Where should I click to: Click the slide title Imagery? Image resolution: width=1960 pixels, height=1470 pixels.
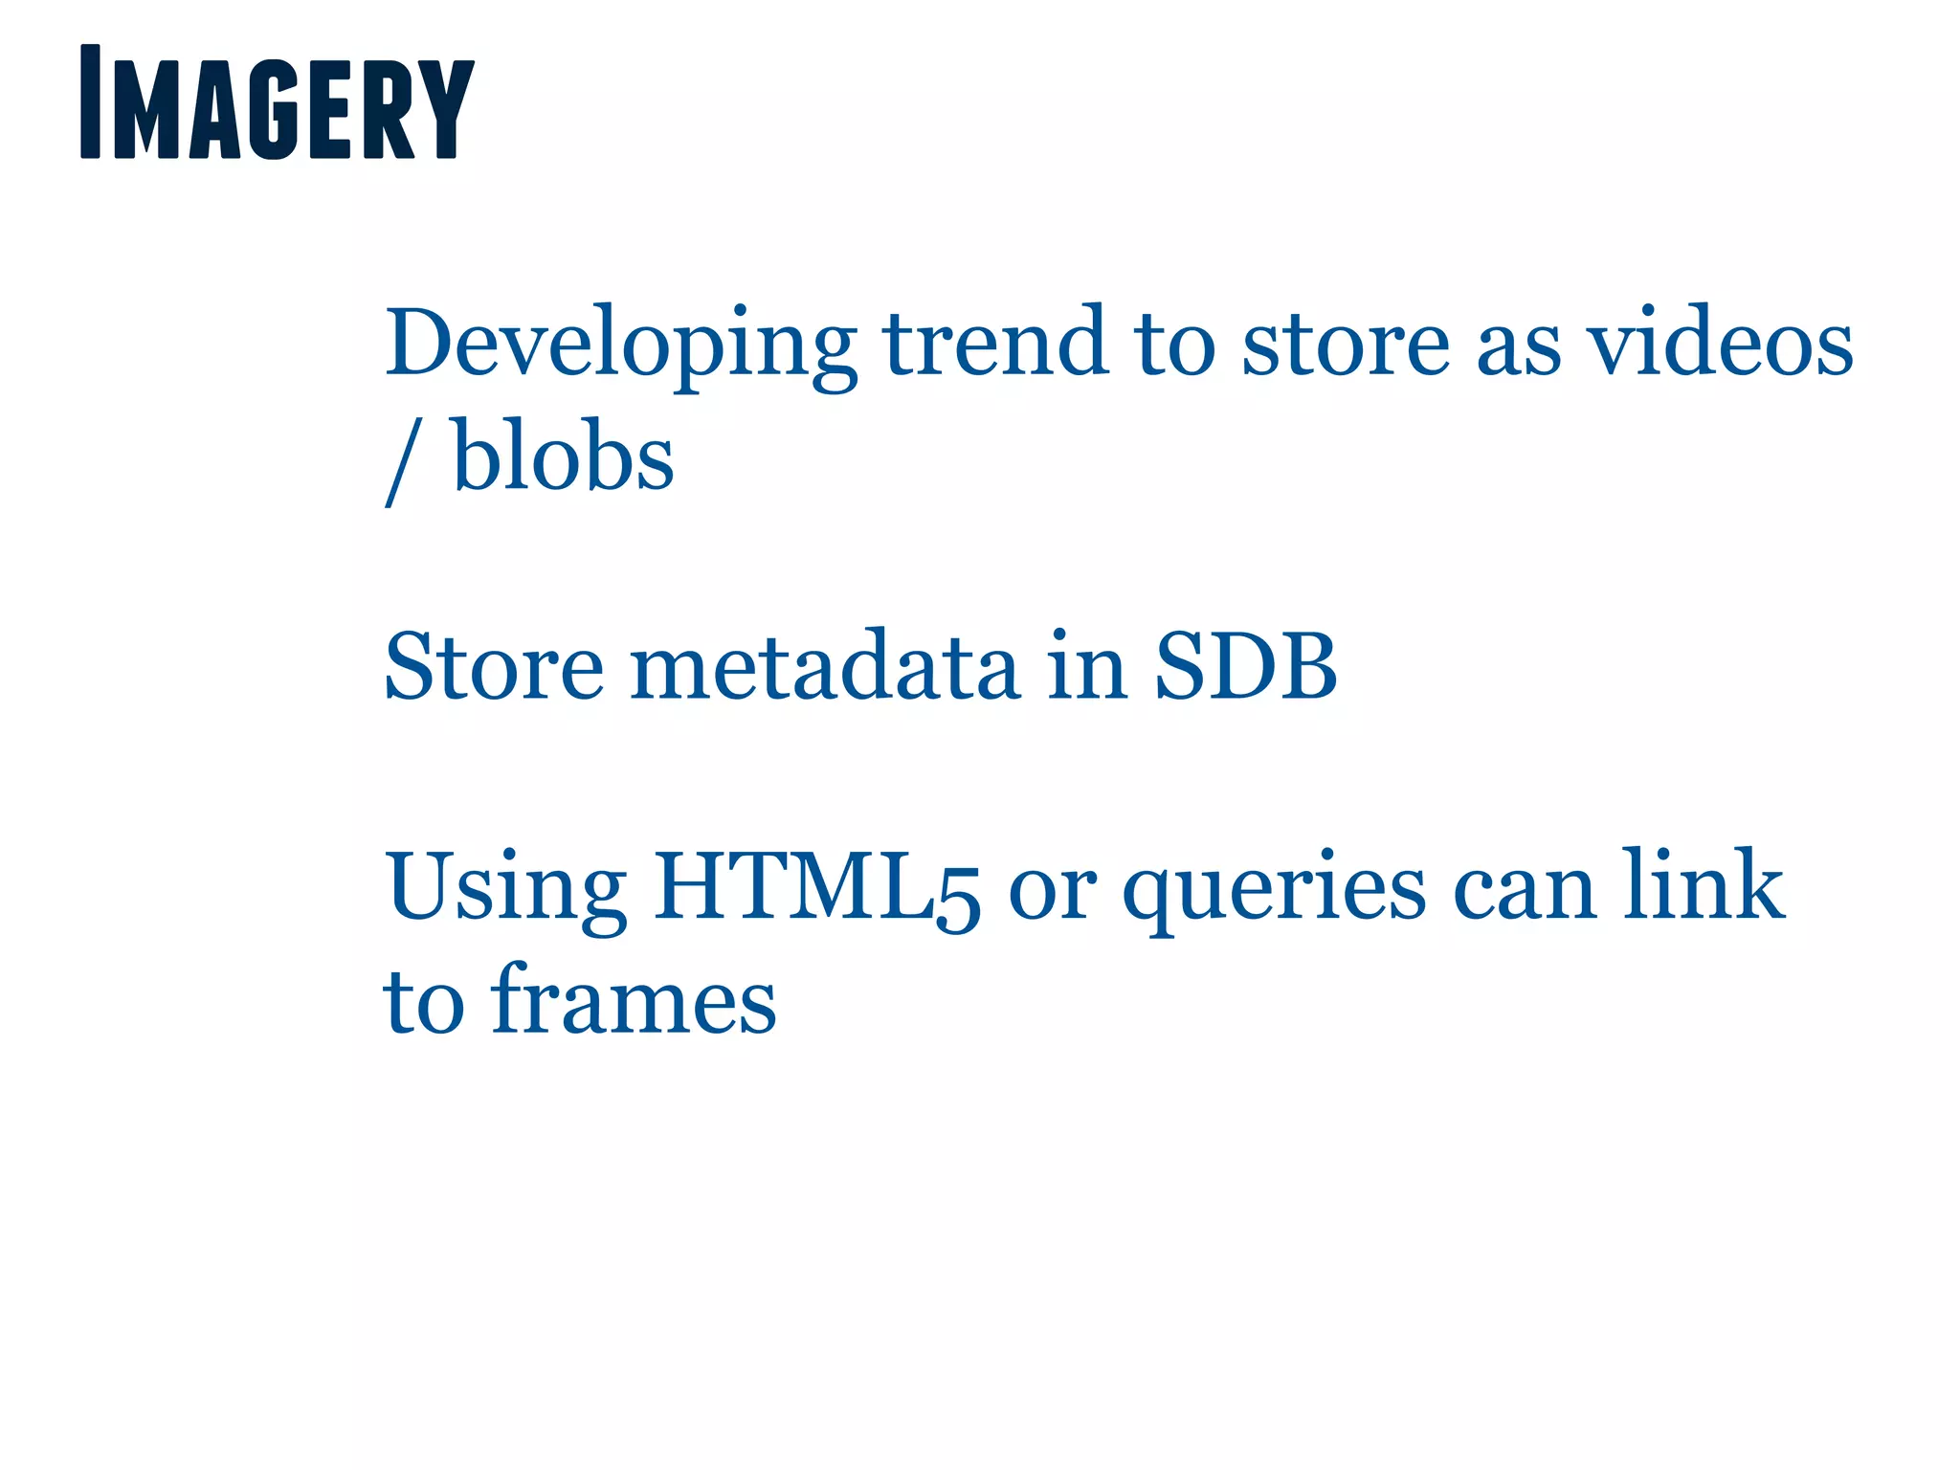point(277,102)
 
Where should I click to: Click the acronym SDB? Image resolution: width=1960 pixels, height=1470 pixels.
point(1245,667)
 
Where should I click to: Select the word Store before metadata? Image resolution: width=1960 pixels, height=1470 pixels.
point(494,667)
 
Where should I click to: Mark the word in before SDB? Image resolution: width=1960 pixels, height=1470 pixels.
point(1086,667)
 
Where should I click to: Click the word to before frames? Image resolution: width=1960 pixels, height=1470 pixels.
point(424,1003)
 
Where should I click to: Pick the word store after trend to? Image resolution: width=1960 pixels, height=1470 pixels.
point(1346,345)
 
